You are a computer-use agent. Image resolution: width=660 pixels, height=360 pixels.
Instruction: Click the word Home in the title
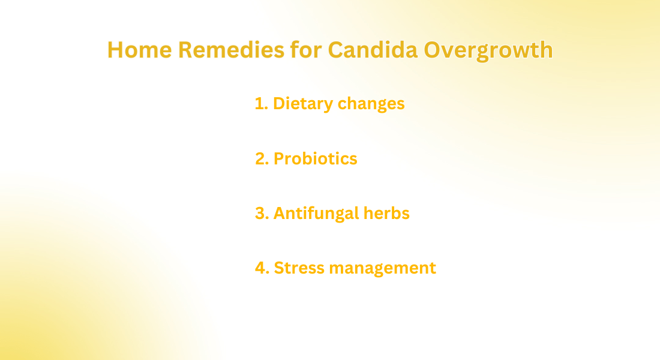point(139,50)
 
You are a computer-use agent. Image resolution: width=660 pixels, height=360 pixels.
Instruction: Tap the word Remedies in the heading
point(231,50)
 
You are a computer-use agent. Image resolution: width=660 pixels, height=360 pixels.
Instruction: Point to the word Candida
point(373,50)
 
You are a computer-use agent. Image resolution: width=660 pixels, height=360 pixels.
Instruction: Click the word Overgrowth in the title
point(488,50)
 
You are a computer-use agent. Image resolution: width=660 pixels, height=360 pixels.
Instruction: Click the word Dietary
point(303,104)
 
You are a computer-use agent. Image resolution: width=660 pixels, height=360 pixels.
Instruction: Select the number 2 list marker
point(262,159)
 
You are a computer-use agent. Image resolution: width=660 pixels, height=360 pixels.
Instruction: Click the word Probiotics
point(315,159)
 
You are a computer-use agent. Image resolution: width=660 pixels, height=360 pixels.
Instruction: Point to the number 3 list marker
point(262,214)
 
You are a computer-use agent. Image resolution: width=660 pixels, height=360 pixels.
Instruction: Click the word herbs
point(386,213)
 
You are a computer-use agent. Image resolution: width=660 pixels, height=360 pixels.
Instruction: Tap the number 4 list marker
point(262,268)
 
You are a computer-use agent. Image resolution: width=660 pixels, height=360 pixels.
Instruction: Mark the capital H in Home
point(115,50)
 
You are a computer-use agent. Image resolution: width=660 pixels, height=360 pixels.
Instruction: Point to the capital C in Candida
point(335,50)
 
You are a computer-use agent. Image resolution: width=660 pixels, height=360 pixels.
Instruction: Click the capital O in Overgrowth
point(432,50)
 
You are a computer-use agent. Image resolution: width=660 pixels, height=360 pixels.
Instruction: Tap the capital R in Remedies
point(185,50)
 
